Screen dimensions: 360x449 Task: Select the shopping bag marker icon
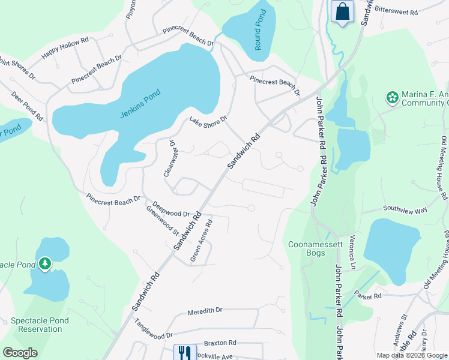tap(342, 11)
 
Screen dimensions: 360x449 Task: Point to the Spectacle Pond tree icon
tap(44, 263)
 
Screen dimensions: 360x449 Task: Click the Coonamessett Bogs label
tap(315, 248)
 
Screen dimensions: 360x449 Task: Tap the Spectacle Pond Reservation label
tap(40, 325)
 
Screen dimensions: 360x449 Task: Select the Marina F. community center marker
tap(392, 97)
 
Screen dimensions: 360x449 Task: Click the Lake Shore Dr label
tap(208, 121)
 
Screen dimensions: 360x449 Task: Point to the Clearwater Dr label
tap(169, 158)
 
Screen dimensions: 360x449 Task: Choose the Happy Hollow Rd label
tap(65, 49)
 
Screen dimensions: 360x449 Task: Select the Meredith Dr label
tap(205, 311)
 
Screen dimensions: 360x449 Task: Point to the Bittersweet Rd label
tap(396, 10)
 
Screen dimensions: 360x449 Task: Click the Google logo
tap(20, 352)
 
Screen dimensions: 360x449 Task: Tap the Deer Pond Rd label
tap(27, 106)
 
